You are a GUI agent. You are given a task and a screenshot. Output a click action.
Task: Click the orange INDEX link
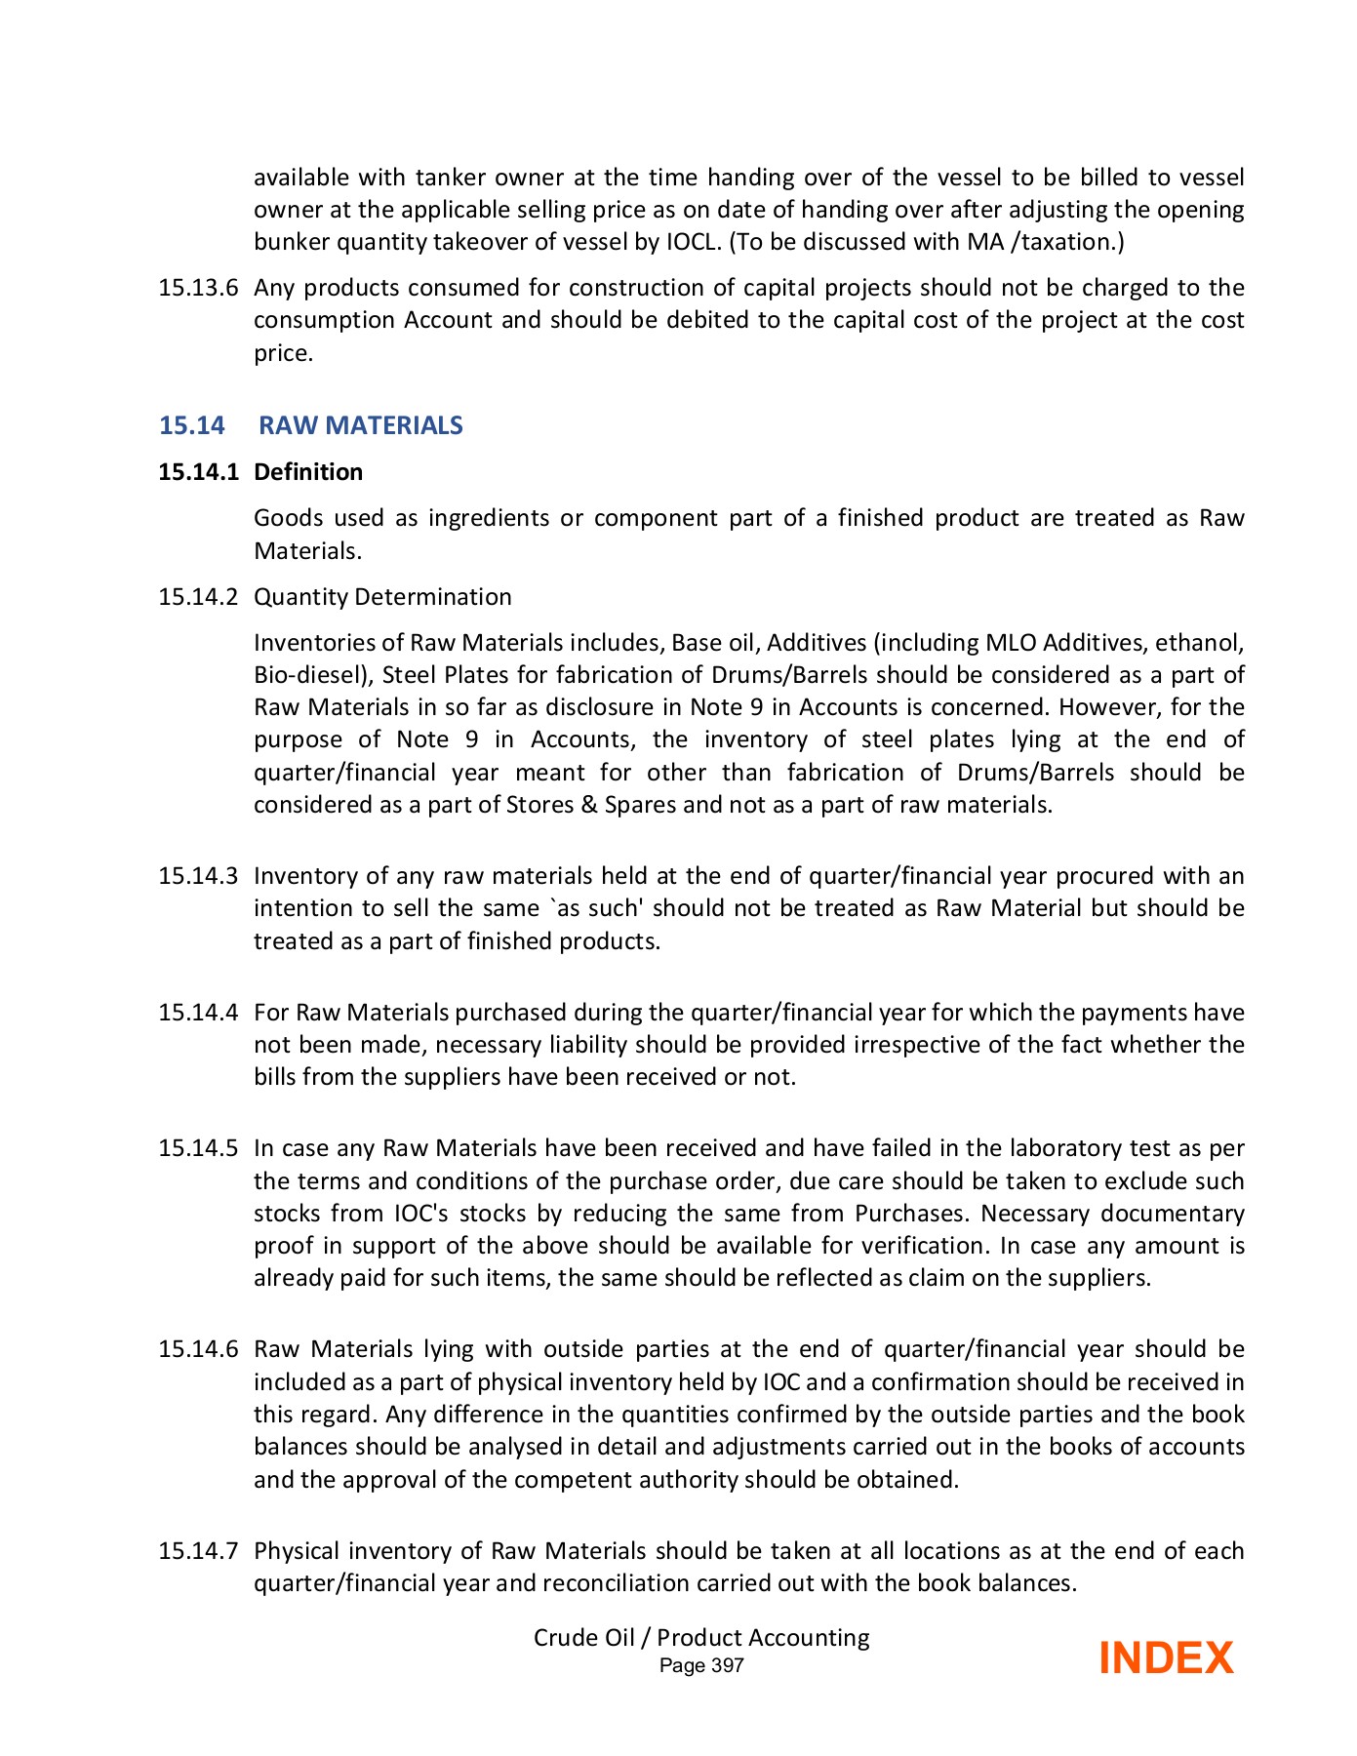tap(1166, 1658)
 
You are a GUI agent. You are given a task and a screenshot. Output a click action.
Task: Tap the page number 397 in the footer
tap(727, 1666)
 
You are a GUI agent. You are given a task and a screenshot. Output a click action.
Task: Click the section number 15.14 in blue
tap(192, 425)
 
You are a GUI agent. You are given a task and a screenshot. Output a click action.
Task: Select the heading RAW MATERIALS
tap(361, 425)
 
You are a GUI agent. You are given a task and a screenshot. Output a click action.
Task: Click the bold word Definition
tap(308, 472)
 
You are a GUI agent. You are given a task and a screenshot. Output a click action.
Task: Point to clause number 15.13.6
tap(198, 288)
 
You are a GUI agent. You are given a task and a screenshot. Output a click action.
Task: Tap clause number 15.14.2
tap(198, 597)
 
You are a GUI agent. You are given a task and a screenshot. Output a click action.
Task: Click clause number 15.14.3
tap(198, 876)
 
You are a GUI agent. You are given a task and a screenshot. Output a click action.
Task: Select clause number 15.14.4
tap(198, 1013)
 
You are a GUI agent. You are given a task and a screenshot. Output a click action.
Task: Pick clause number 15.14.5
tap(198, 1148)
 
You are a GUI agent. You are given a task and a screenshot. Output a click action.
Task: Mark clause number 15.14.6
tap(198, 1349)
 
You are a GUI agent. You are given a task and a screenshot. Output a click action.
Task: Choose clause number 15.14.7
tap(198, 1551)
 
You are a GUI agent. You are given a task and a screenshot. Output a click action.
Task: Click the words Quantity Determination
tap(382, 597)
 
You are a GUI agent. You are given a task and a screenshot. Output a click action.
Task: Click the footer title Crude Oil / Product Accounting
tap(701, 1638)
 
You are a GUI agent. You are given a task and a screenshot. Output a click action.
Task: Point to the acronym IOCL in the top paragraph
tap(693, 242)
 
